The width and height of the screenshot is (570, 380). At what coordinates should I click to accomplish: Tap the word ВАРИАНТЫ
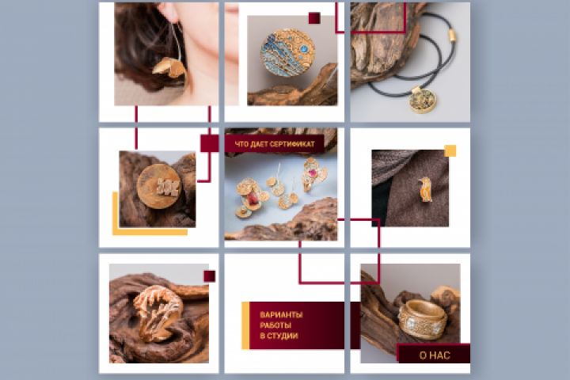(x=281, y=314)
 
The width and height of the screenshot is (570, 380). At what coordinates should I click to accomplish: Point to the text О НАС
(x=435, y=355)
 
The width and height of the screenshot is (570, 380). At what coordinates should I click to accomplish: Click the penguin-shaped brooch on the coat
(x=424, y=189)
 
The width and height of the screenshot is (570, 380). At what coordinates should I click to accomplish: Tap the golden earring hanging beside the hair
(x=170, y=69)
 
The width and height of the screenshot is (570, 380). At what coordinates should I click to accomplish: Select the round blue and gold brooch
(x=287, y=54)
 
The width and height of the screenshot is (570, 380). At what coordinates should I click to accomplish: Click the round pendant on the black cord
(x=423, y=99)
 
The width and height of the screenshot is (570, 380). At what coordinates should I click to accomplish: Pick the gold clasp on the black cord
(x=452, y=36)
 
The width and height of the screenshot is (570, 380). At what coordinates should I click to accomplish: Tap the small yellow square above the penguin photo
(x=450, y=150)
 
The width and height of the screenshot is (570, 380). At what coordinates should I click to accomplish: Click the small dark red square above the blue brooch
(x=314, y=18)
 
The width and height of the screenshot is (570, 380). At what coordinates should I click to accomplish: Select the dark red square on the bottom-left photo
(x=209, y=276)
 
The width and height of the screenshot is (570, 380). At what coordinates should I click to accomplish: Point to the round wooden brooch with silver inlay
(x=159, y=187)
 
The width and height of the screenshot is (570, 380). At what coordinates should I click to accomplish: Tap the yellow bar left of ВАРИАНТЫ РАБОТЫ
(x=245, y=325)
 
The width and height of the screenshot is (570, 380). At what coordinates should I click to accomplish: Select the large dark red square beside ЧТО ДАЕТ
(x=210, y=143)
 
